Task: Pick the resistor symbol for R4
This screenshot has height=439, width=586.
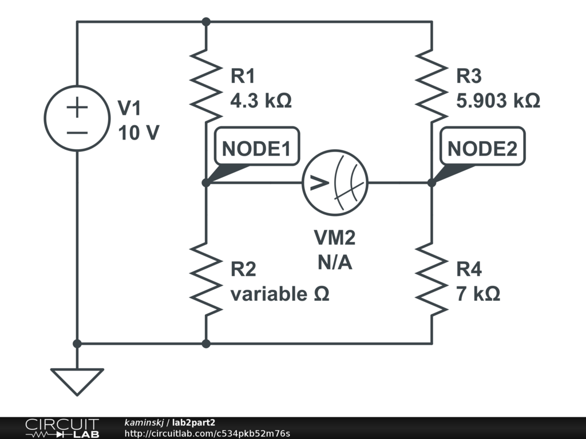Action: pos(432,278)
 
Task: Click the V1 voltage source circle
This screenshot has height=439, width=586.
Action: pos(77,119)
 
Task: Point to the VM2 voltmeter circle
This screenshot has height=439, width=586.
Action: pos(335,183)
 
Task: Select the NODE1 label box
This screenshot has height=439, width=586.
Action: pos(256,149)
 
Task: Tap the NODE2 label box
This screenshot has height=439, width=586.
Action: pos(482,149)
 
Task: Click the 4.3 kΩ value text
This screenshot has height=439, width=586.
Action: pos(260,101)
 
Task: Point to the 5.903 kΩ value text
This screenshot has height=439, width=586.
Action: pos(498,101)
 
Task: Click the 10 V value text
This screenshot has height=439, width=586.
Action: pos(138,133)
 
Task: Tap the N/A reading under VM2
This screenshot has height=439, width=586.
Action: pos(335,263)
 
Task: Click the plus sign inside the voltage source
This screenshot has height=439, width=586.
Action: pos(77,109)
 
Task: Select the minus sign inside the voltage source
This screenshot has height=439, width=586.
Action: pos(77,133)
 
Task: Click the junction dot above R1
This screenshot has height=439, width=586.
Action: pos(206,22)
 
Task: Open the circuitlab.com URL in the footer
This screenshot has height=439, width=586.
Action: pos(207,433)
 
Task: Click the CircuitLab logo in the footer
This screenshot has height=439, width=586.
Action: pos(62,428)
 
